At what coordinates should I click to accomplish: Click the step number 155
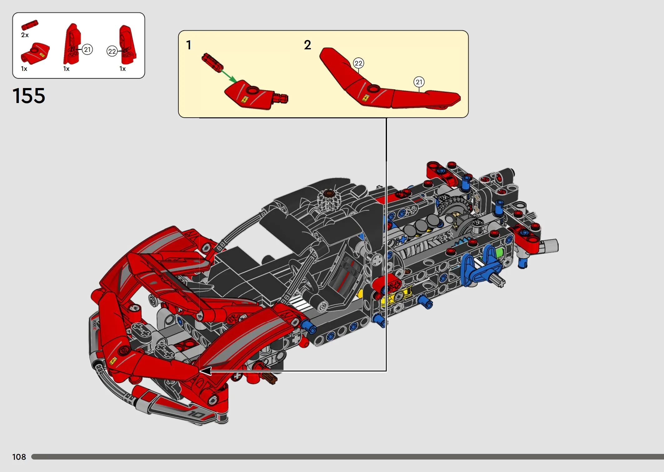[x=29, y=96]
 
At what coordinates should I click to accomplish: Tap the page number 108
[x=19, y=457]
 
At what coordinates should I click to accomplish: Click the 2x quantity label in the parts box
[x=25, y=35]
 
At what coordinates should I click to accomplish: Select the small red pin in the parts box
[x=30, y=25]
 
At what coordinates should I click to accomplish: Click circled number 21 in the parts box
[x=87, y=49]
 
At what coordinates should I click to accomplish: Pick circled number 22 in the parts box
[x=112, y=51]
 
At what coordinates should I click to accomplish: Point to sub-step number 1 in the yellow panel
[x=189, y=45]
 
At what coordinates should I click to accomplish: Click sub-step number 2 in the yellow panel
[x=308, y=45]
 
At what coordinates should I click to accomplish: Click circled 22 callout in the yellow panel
[x=359, y=63]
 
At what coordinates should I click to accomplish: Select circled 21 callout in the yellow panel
[x=419, y=82]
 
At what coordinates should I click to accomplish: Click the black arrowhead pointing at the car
[x=205, y=371]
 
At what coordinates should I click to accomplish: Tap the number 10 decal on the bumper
[x=196, y=415]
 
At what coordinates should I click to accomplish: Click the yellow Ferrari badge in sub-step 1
[x=245, y=100]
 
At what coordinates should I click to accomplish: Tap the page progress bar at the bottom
[x=348, y=457]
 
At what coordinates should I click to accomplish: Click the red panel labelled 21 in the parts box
[x=72, y=44]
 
